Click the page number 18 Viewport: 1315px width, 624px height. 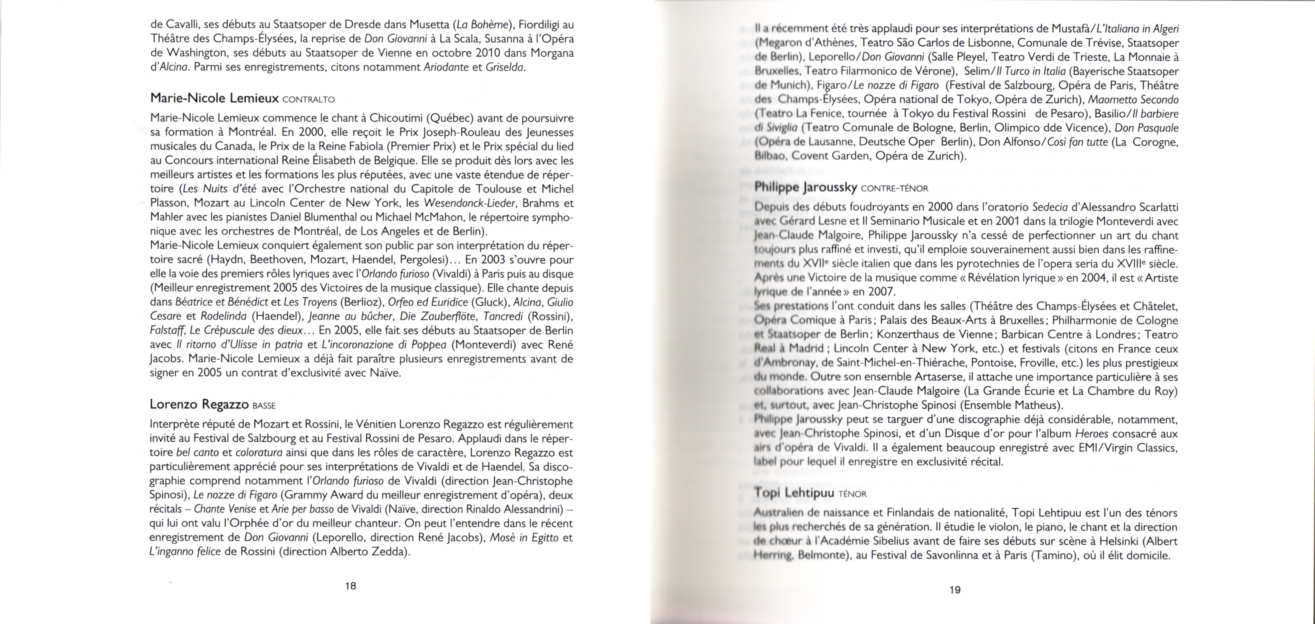pyautogui.click(x=350, y=586)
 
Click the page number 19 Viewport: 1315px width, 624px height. pyautogui.click(x=955, y=590)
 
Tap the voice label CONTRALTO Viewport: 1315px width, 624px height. pyautogui.click(x=308, y=99)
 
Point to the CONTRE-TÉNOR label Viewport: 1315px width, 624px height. pyautogui.click(x=894, y=188)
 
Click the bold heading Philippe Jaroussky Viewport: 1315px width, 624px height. pyautogui.click(x=806, y=187)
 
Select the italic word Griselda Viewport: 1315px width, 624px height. pyautogui.click(x=504, y=67)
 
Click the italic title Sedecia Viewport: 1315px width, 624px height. pyautogui.click(x=1050, y=207)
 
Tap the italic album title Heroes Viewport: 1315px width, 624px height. pyautogui.click(x=1091, y=434)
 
